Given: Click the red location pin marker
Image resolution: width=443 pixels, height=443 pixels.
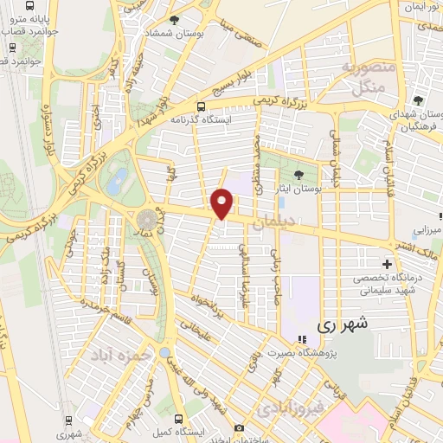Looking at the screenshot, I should [x=223, y=203].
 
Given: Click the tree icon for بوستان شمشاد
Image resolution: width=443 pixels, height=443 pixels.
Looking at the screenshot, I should [x=175, y=19].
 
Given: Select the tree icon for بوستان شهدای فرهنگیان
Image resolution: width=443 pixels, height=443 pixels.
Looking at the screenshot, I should [x=419, y=100].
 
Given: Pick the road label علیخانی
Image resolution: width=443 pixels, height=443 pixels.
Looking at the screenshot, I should [x=194, y=328].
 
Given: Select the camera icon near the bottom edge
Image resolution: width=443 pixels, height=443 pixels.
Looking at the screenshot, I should [x=239, y=427].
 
